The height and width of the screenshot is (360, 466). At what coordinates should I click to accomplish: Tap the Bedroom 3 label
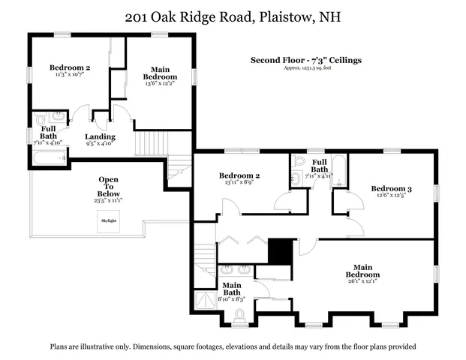[392, 188]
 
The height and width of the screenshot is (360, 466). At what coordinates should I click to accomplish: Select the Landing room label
[100, 136]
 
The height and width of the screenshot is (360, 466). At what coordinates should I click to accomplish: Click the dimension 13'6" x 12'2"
[160, 84]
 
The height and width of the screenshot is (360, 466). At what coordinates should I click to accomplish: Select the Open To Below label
[110, 187]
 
